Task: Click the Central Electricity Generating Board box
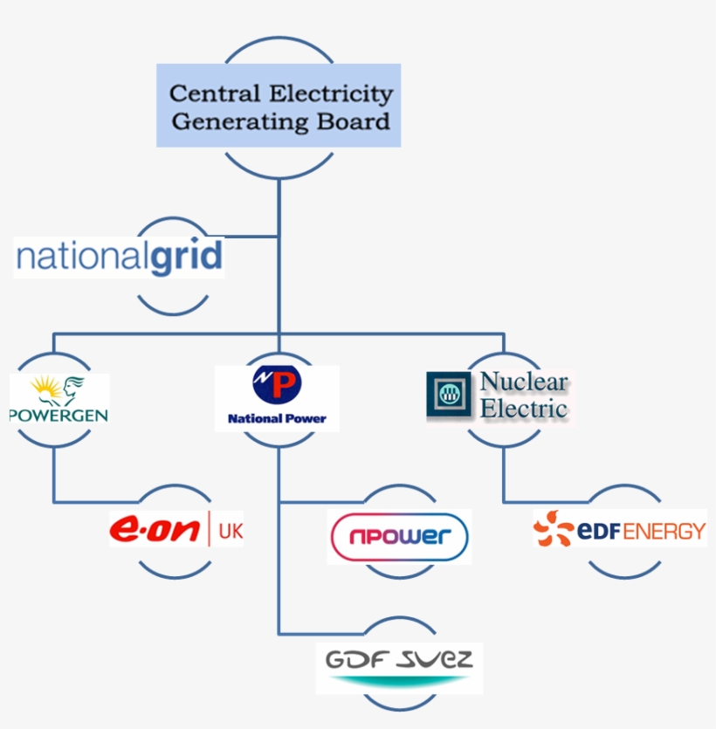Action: coord(279,105)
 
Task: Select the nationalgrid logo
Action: coord(120,258)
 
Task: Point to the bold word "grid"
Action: coord(186,258)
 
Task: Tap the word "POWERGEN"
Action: coord(59,414)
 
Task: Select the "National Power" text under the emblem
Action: coord(277,419)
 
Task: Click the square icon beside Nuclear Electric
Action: coord(449,394)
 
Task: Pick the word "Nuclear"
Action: coord(524,382)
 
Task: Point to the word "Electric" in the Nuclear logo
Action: coord(524,408)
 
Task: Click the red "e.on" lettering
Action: coord(156,530)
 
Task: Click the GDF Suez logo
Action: coord(398,664)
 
